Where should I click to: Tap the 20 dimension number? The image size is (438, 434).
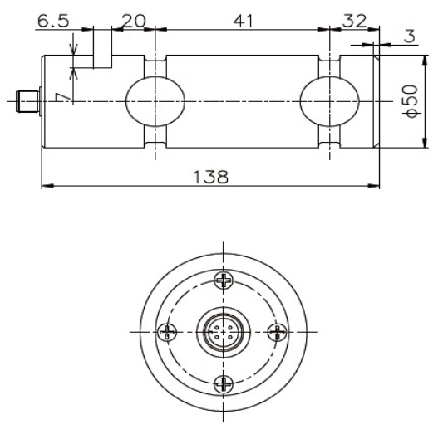click(x=133, y=17)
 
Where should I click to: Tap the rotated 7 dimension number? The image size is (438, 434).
click(x=59, y=98)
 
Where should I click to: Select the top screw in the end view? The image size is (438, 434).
click(x=223, y=280)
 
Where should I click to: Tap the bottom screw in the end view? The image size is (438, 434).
click(x=223, y=383)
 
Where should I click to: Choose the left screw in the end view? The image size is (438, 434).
click(x=170, y=332)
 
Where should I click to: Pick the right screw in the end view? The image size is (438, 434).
click(x=278, y=332)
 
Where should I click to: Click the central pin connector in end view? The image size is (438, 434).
click(x=223, y=332)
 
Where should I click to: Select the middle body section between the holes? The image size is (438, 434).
click(x=241, y=101)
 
